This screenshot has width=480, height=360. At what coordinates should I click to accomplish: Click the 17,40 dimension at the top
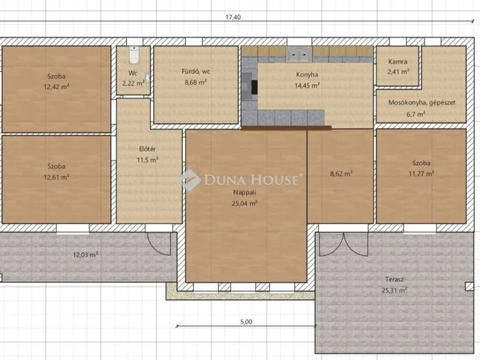pyautogui.click(x=233, y=17)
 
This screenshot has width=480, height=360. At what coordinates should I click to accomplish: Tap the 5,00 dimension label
pyautogui.click(x=247, y=322)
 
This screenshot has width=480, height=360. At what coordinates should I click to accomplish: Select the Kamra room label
pyautogui.click(x=397, y=61)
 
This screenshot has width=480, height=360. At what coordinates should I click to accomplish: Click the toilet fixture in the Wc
pyautogui.click(x=133, y=55)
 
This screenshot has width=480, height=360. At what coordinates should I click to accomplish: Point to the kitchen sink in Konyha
pyautogui.click(x=298, y=55)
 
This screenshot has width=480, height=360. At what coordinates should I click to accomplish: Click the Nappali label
pyautogui.click(x=244, y=193)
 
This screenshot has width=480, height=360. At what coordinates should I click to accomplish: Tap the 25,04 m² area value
pyautogui.click(x=244, y=203)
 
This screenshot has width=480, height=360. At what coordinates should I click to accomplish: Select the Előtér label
pyautogui.click(x=148, y=149)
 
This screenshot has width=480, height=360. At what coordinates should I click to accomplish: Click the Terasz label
pyautogui.click(x=394, y=279)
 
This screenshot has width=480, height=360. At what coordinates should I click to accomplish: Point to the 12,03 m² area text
pyautogui.click(x=85, y=254)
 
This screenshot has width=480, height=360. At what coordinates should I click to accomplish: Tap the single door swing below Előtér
pyautogui.click(x=159, y=244)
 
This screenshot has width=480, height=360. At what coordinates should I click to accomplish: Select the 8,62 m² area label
pyautogui.click(x=341, y=174)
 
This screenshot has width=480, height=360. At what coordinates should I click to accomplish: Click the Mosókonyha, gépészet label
pyautogui.click(x=421, y=103)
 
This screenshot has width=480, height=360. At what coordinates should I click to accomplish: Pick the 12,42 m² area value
pyautogui.click(x=56, y=87)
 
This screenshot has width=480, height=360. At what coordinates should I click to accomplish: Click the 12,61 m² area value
pyautogui.click(x=56, y=177)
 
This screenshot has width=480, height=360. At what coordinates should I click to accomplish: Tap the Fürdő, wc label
pyautogui.click(x=196, y=72)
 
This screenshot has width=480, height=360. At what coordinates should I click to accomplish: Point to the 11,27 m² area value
pyautogui.click(x=421, y=173)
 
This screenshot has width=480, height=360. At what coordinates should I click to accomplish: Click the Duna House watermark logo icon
pyautogui.click(x=190, y=180)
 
